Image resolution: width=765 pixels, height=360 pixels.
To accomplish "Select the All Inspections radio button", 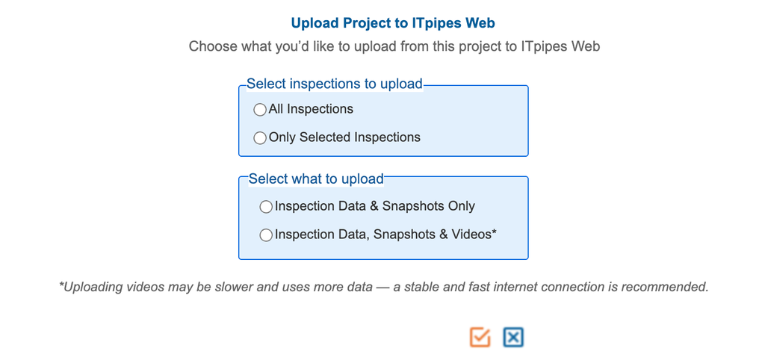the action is (x=260, y=110).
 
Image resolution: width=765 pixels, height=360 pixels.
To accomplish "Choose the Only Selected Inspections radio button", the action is (x=260, y=138).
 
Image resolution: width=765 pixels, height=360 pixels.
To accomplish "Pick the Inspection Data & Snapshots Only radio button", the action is (x=266, y=207).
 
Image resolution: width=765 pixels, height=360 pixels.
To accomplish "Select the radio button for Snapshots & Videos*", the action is (x=266, y=235).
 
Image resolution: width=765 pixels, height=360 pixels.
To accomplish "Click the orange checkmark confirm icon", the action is (x=480, y=337).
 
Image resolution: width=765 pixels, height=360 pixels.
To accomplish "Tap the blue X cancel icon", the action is (x=513, y=337).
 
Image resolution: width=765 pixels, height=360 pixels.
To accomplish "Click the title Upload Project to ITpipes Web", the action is (x=393, y=23).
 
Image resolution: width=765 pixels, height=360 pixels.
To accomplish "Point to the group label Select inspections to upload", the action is (x=334, y=84).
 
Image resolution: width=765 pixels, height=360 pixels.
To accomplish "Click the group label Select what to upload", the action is (x=316, y=179).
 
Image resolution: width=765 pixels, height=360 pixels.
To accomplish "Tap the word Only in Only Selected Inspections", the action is (x=282, y=137).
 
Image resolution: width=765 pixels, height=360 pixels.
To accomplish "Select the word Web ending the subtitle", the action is (x=586, y=47).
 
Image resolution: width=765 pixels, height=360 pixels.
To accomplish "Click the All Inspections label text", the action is (x=311, y=109).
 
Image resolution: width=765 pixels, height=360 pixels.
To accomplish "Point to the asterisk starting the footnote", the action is (x=61, y=285).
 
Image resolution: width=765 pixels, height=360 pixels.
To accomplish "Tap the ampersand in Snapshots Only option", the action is (x=374, y=206).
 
